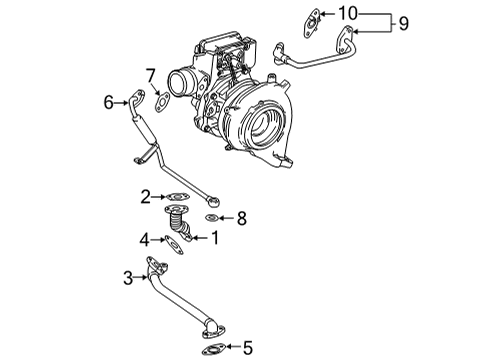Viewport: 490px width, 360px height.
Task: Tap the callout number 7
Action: [151, 75]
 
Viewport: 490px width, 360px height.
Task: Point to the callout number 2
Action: [145, 196]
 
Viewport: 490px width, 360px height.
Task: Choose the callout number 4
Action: [145, 240]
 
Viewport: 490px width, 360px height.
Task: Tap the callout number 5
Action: [248, 349]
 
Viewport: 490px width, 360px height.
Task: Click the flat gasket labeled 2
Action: [177, 197]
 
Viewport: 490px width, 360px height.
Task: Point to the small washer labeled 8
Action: [212, 217]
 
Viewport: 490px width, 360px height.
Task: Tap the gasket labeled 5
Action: [213, 349]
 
